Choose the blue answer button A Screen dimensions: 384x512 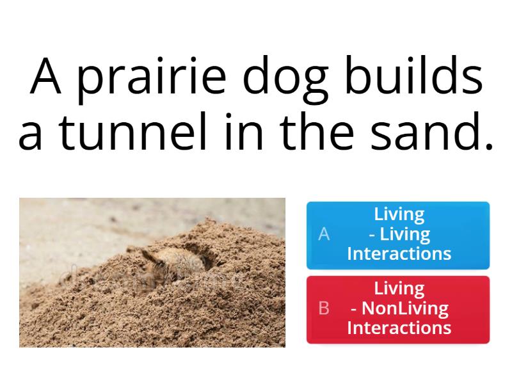click(398, 234)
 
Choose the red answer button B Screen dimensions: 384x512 click(398, 308)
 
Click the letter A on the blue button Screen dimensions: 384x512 click(324, 234)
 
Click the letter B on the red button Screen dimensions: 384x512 click(324, 308)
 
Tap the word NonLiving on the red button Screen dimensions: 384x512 click(405, 308)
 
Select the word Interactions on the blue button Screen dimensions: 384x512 click(399, 254)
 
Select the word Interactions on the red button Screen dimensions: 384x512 click(399, 328)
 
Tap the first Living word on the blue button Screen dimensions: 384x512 click(399, 214)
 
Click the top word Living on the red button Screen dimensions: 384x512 click(399, 289)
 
